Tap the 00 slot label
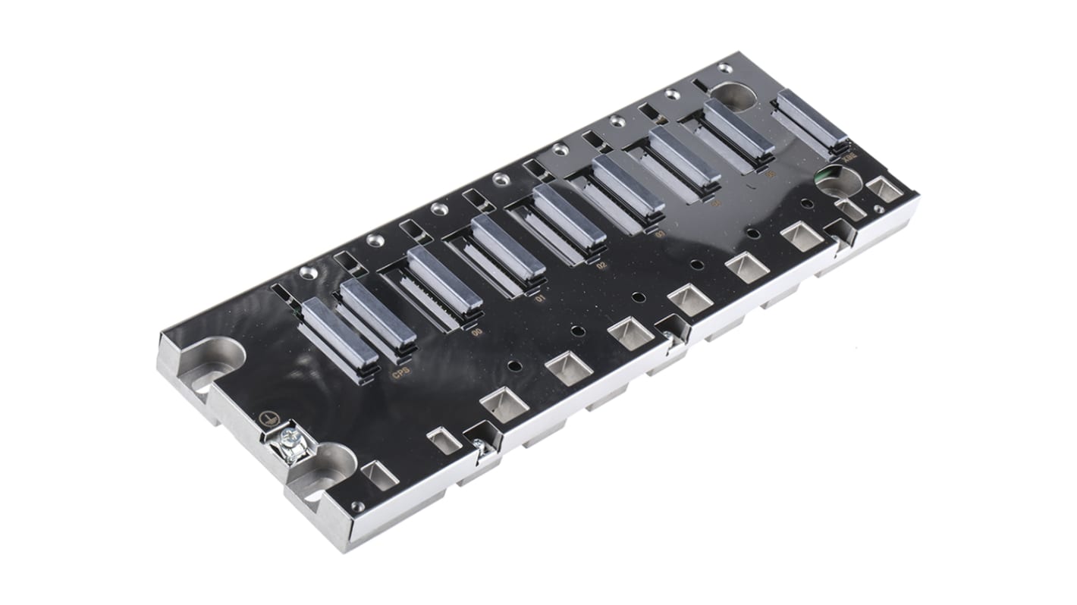476,332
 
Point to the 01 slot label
540,299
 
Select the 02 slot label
601,266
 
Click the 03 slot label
659,234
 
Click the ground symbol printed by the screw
265,418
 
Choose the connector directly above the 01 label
507,246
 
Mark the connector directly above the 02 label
569,215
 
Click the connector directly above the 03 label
628,184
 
